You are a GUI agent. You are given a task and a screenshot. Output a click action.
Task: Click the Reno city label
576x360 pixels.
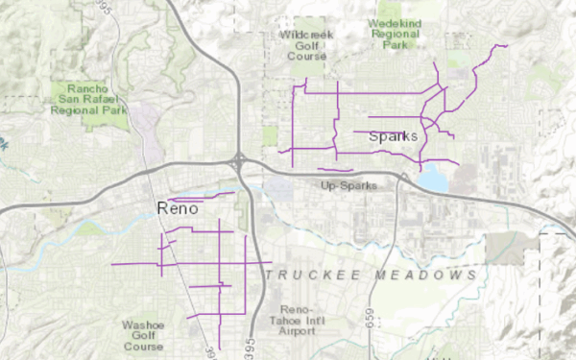177,208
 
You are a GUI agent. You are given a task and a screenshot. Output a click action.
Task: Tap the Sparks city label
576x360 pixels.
394,136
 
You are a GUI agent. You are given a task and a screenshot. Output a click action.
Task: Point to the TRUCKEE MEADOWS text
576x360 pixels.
371,276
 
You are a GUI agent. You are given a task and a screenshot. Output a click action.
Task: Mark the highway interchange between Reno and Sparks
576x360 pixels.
239,162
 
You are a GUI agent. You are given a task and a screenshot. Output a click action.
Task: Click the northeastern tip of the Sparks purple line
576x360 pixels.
506,45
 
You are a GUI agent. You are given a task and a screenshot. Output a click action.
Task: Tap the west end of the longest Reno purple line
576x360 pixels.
113,264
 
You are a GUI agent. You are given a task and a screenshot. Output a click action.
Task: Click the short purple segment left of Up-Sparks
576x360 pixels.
335,171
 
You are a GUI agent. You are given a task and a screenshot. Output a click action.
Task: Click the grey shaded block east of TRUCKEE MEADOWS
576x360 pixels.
505,248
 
